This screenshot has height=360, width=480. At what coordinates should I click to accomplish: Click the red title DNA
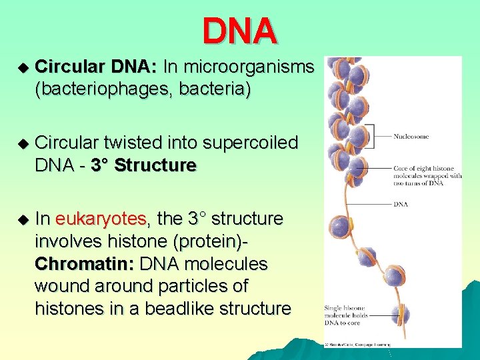[x=239, y=31]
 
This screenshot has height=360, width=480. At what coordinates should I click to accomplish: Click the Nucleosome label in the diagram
[x=411, y=137]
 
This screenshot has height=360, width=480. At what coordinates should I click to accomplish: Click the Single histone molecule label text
[x=344, y=315]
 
